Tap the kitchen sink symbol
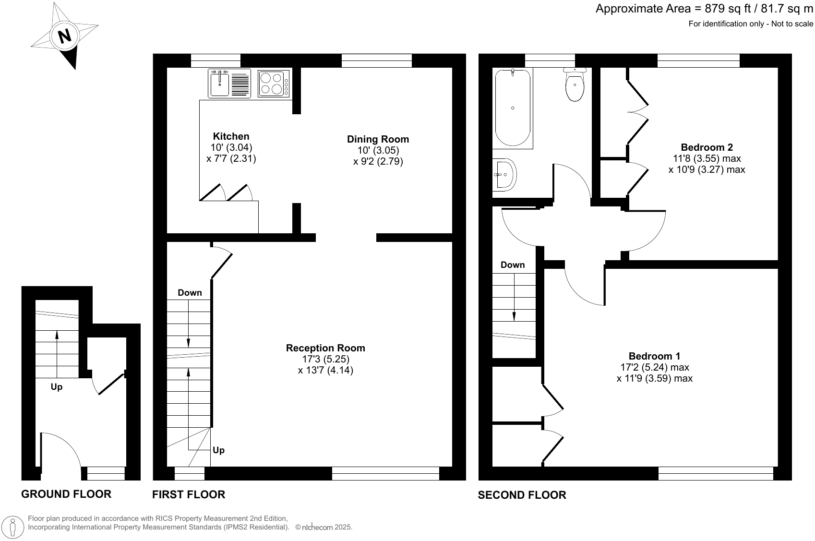click(x=221, y=84)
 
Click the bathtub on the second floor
click(x=513, y=108)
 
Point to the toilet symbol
click(x=575, y=85)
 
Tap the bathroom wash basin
click(x=504, y=175)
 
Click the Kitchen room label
click(x=231, y=136)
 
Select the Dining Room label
click(x=378, y=139)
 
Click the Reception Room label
click(x=325, y=348)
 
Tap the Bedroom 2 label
click(x=707, y=147)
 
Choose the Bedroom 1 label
click(x=654, y=356)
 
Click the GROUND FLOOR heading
click(x=66, y=494)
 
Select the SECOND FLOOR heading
click(x=522, y=495)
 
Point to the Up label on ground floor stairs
click(x=57, y=387)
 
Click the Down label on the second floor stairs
click(x=513, y=265)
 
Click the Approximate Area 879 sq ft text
click(x=704, y=9)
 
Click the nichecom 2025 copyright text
click(x=324, y=527)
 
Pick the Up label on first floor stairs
click(x=218, y=450)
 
